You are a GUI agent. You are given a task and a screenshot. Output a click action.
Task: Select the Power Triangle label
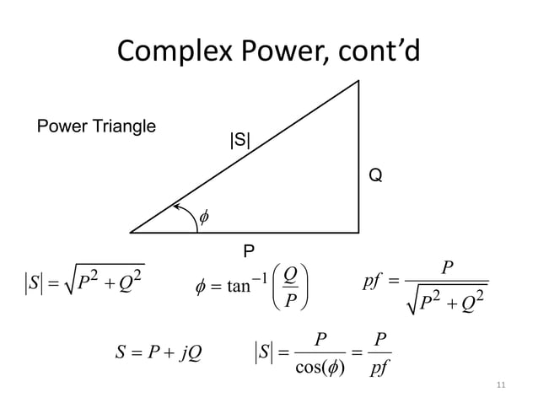coord(96,127)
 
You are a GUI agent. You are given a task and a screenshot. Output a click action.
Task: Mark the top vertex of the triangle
coord(360,81)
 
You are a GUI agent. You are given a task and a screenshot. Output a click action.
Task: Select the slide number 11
coord(502,385)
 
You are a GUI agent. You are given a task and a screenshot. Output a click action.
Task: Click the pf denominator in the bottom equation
coord(379,367)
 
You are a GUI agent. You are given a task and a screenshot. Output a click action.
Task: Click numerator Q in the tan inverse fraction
coord(288,275)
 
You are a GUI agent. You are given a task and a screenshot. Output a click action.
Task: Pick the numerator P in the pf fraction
coord(447,266)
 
